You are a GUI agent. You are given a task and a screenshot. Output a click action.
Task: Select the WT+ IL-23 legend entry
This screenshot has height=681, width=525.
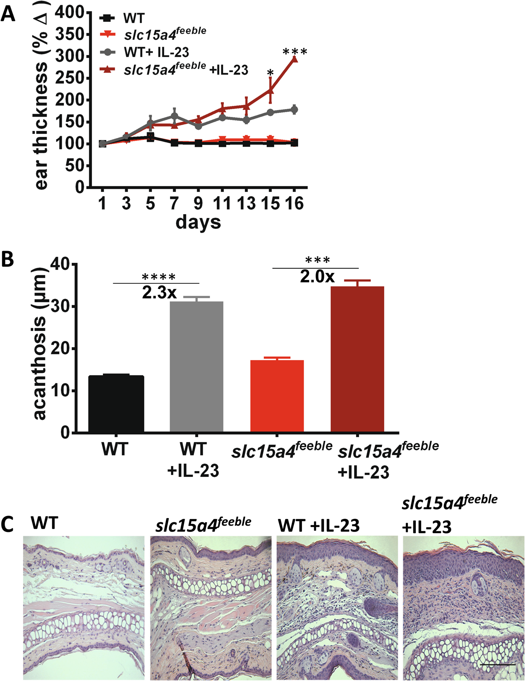click(x=156, y=52)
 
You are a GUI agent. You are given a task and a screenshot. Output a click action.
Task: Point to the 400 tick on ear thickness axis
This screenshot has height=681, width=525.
click(x=70, y=13)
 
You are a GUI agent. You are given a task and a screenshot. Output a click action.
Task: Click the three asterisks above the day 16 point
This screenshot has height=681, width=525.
click(x=295, y=52)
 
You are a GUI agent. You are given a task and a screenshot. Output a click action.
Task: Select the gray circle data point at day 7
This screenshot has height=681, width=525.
click(x=175, y=116)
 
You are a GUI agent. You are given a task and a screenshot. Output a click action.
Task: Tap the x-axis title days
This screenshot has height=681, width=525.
click(x=198, y=222)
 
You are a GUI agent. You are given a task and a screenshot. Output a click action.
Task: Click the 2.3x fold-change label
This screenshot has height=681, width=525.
click(x=159, y=293)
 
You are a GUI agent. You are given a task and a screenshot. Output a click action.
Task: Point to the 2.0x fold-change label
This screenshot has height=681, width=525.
click(x=317, y=276)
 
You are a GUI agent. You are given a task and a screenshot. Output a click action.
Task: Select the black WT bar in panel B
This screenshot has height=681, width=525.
click(x=116, y=404)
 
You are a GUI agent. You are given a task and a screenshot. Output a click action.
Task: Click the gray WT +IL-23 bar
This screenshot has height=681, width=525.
click(x=196, y=367)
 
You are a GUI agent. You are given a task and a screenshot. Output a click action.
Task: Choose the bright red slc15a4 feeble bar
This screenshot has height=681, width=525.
click(x=277, y=396)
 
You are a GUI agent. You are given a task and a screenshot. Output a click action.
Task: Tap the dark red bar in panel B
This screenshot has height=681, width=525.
click(x=357, y=359)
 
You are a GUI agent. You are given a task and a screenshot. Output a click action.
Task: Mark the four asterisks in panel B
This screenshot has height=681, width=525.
click(x=159, y=277)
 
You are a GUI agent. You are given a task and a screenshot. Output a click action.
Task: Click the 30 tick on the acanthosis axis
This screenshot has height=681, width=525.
click(x=60, y=306)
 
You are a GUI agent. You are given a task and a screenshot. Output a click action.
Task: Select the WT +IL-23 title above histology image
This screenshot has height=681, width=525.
click(x=319, y=526)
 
